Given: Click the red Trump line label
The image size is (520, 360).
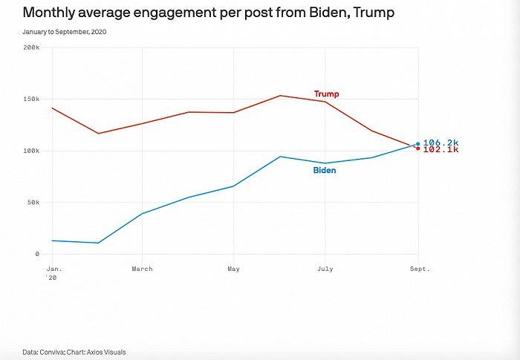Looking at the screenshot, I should pyautogui.click(x=326, y=94).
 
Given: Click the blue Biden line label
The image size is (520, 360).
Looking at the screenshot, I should pyautogui.click(x=324, y=171).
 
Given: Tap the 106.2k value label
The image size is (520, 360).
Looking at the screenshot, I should pyautogui.click(x=441, y=143).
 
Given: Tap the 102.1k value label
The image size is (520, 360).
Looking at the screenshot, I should pyautogui.click(x=441, y=150).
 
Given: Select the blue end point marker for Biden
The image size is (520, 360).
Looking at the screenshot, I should pyautogui.click(x=418, y=143).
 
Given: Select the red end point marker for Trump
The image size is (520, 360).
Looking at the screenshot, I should pyautogui.click(x=418, y=148).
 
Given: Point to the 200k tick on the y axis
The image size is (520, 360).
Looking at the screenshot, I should pyautogui.click(x=32, y=48).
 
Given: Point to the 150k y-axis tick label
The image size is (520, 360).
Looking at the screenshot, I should pyautogui.click(x=32, y=99).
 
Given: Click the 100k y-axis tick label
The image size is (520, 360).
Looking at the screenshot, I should pyautogui.click(x=32, y=151).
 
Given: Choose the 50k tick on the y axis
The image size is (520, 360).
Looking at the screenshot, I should pyautogui.click(x=33, y=202).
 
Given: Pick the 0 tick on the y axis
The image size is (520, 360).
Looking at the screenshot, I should pyautogui.click(x=37, y=254).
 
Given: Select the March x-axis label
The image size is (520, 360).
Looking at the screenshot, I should pyautogui.click(x=142, y=269).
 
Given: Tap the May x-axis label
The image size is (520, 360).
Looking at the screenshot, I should pyautogui.click(x=233, y=269).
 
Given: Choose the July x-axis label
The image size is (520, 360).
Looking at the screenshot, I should pyautogui.click(x=325, y=269).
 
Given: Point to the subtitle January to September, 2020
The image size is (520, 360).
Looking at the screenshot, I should pyautogui.click(x=69, y=33).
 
